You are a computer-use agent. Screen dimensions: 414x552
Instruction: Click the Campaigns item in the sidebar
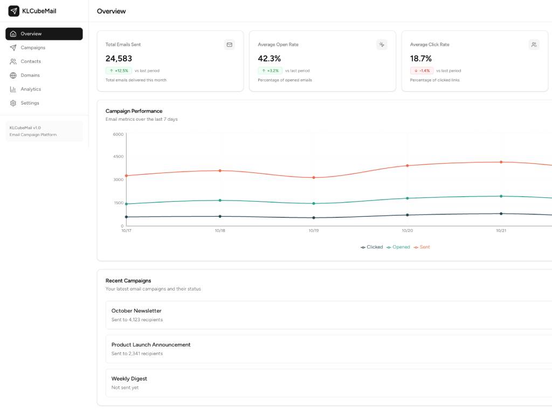click(x=33, y=47)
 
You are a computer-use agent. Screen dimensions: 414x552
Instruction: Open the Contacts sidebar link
click(x=31, y=61)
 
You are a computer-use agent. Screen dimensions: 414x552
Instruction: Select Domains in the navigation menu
click(x=30, y=75)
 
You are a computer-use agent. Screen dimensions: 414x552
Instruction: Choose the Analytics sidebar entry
click(x=31, y=89)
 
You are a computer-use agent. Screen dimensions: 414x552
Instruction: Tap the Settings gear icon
click(x=13, y=103)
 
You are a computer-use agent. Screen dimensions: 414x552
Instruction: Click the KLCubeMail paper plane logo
click(x=13, y=11)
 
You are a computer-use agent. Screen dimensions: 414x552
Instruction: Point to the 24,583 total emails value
click(x=119, y=58)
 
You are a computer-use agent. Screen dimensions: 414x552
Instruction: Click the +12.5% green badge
click(x=119, y=71)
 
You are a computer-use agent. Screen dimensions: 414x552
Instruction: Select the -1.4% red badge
click(x=422, y=71)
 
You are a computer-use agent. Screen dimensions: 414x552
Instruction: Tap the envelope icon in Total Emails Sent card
click(x=230, y=45)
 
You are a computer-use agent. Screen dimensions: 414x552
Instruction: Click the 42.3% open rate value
click(x=269, y=58)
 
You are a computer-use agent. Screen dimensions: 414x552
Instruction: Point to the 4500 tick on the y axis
click(x=118, y=156)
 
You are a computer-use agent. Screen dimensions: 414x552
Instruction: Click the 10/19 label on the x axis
click(x=314, y=230)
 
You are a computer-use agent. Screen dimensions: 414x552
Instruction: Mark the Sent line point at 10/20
click(x=408, y=165)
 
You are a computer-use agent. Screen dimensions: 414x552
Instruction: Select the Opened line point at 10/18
click(x=220, y=200)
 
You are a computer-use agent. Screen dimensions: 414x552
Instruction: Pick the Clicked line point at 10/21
click(x=501, y=213)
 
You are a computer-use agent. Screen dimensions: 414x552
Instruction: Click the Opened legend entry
click(x=398, y=247)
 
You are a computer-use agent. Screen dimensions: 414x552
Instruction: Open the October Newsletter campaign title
click(x=136, y=310)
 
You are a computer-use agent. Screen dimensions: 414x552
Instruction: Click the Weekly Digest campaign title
click(x=129, y=378)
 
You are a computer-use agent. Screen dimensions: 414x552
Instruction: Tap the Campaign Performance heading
click(x=134, y=111)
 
